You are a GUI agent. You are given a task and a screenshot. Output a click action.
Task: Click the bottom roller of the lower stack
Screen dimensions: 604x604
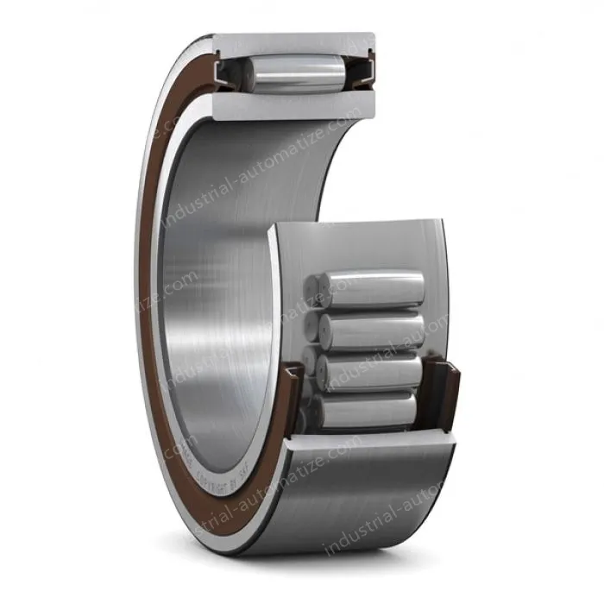point(367,410)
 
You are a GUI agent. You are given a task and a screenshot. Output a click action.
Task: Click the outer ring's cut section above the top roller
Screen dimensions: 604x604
point(293,43)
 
